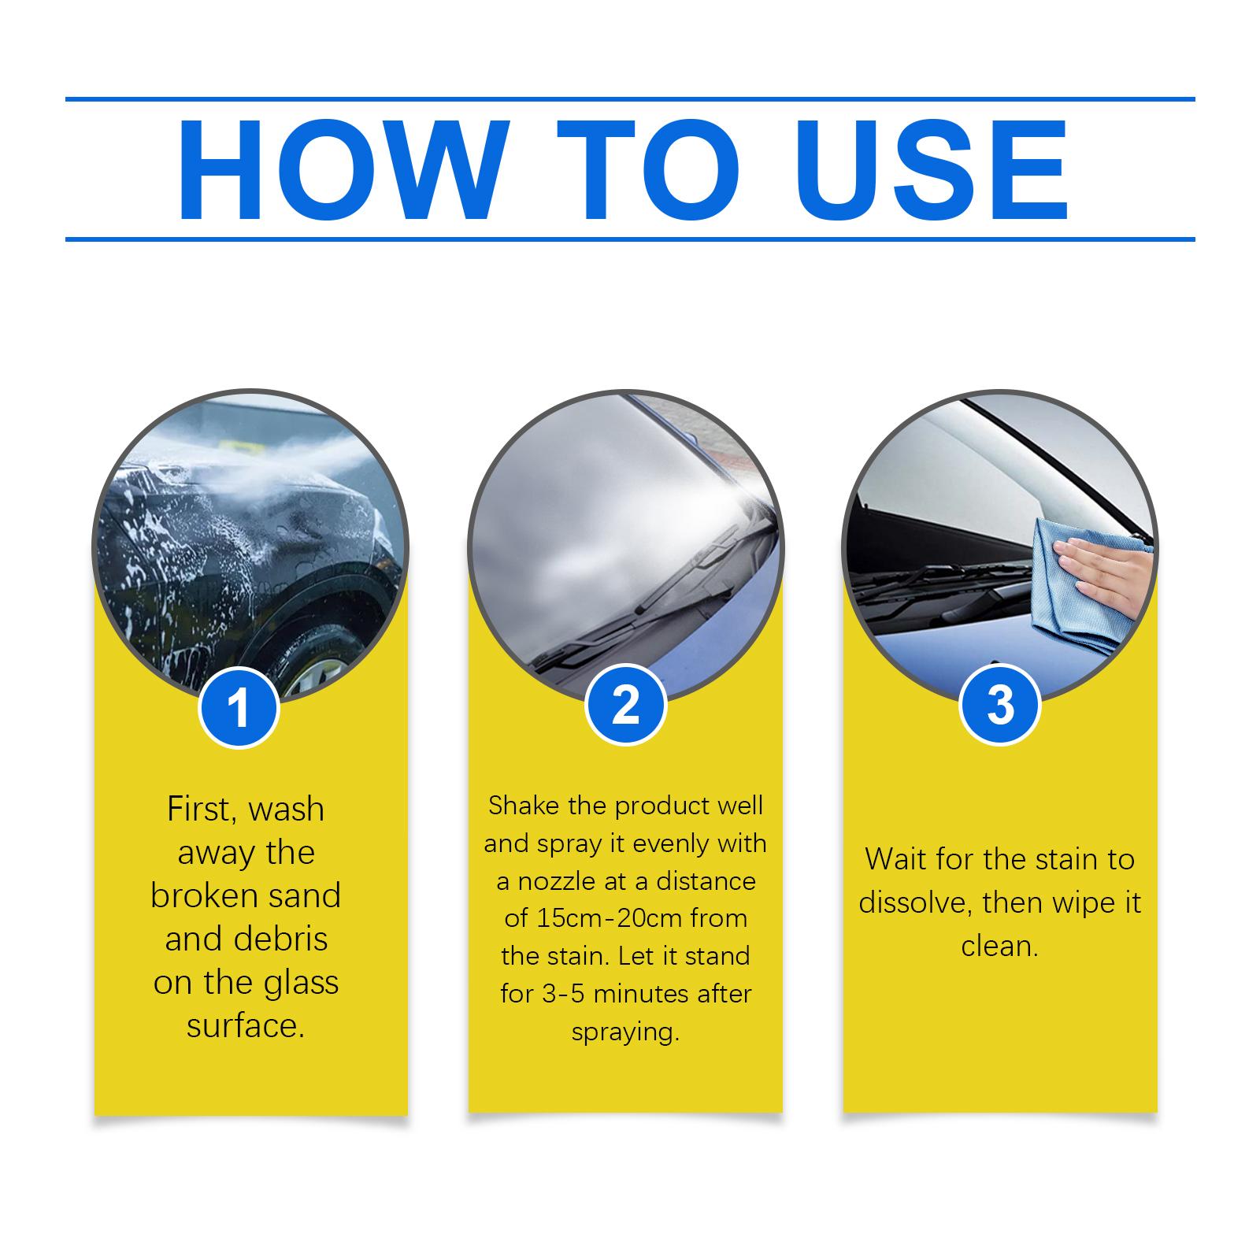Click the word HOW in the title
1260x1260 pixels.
click(340, 171)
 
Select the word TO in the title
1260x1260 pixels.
click(649, 171)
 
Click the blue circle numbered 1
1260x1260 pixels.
click(239, 707)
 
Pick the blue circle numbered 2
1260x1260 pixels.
click(625, 704)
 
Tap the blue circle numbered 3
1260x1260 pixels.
click(1000, 704)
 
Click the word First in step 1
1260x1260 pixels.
click(197, 810)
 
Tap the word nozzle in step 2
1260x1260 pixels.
click(558, 881)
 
